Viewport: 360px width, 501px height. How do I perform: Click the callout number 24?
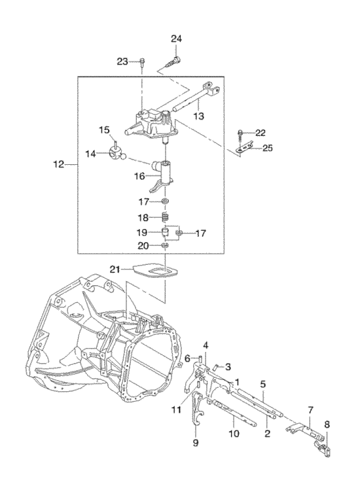coord(176,39)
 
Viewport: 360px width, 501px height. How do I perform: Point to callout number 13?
coord(198,115)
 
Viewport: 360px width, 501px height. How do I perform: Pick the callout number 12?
coord(59,164)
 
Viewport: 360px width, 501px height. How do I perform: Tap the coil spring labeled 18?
coord(166,217)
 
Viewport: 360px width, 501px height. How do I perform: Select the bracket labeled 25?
coord(243,148)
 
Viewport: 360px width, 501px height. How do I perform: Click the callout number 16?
coord(139,175)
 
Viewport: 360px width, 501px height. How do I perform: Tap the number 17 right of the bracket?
coord(201,233)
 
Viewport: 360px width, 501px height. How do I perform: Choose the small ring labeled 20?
coord(165,245)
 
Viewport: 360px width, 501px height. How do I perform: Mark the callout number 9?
coord(196,443)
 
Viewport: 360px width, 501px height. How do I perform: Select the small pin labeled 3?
coord(216,366)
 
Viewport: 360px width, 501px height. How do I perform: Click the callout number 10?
coord(234,433)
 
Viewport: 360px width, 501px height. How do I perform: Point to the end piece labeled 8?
coord(323,447)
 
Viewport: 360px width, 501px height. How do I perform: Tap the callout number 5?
coord(263,385)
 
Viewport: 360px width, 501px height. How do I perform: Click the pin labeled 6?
coord(200,359)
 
